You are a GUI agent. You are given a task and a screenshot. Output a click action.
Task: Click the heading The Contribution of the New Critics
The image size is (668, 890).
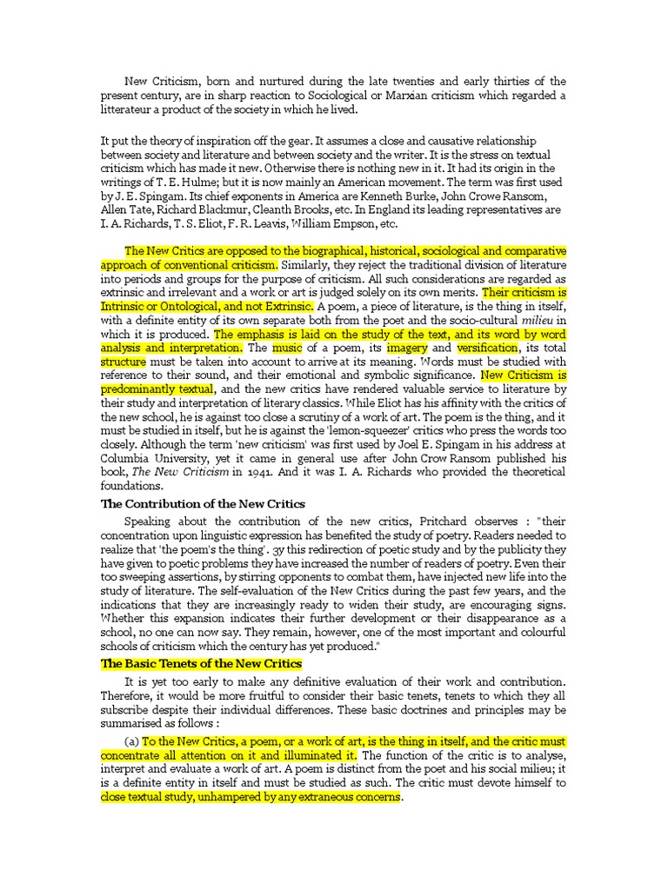click(203, 503)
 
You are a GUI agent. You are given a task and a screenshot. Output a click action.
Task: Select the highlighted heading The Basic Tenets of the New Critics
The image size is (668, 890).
click(202, 663)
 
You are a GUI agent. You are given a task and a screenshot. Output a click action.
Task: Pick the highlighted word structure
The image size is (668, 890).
click(124, 362)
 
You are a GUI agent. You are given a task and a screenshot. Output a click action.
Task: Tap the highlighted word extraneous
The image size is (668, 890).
click(312, 796)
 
